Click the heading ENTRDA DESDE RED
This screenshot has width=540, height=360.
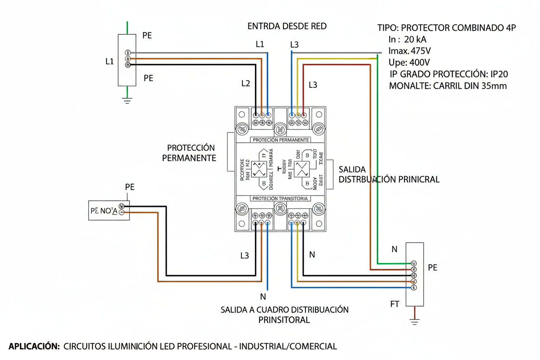point(287,26)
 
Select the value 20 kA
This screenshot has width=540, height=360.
point(415,39)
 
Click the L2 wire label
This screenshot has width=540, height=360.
point(245,84)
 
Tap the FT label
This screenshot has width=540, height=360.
point(395,304)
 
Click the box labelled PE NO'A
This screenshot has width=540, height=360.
point(109,211)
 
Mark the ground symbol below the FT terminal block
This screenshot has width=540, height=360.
point(415,321)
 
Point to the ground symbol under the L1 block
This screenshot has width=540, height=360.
point(127,101)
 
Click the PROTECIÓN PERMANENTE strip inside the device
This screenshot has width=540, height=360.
point(280,140)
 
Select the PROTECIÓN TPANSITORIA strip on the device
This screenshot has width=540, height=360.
point(280,198)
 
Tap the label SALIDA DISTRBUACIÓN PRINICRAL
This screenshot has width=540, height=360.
point(389,174)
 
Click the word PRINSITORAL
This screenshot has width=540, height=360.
point(284,320)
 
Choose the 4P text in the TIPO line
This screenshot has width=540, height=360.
point(510,28)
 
